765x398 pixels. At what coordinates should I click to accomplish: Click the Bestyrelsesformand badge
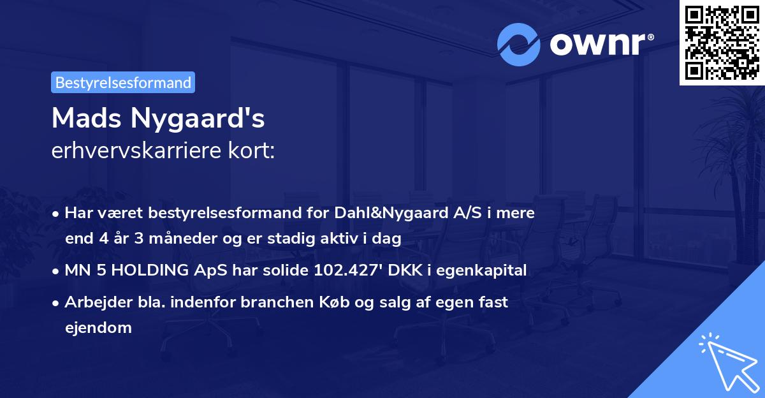pos(123,82)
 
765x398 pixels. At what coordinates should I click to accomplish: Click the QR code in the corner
pos(722,42)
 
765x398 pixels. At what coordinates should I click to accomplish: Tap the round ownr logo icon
pos(519,45)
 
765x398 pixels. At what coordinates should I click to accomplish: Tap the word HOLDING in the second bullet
pos(149,270)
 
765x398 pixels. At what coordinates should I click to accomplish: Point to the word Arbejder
pos(93,302)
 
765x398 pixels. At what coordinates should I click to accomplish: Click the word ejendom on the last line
pos(98,328)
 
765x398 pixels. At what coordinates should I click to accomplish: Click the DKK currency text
pos(409,270)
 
